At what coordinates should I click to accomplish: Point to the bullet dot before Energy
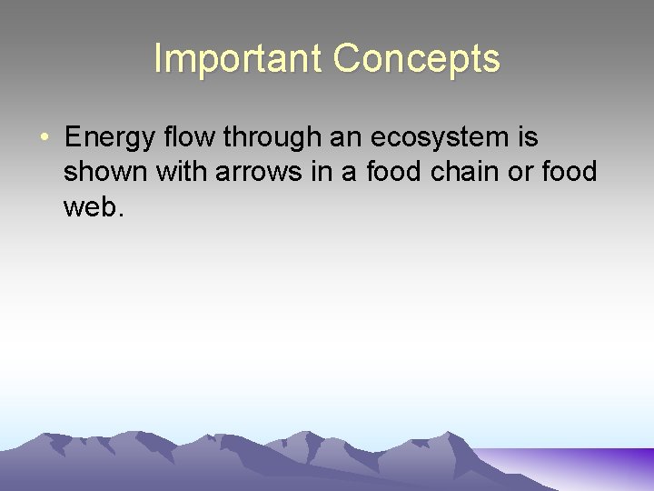pyautogui.click(x=45, y=138)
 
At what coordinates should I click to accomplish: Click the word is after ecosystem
pyautogui.click(x=528, y=138)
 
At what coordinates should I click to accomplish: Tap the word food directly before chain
pyautogui.click(x=395, y=173)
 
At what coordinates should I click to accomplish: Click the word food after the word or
pyautogui.click(x=569, y=173)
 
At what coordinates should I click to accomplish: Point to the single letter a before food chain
pyautogui.click(x=350, y=173)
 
